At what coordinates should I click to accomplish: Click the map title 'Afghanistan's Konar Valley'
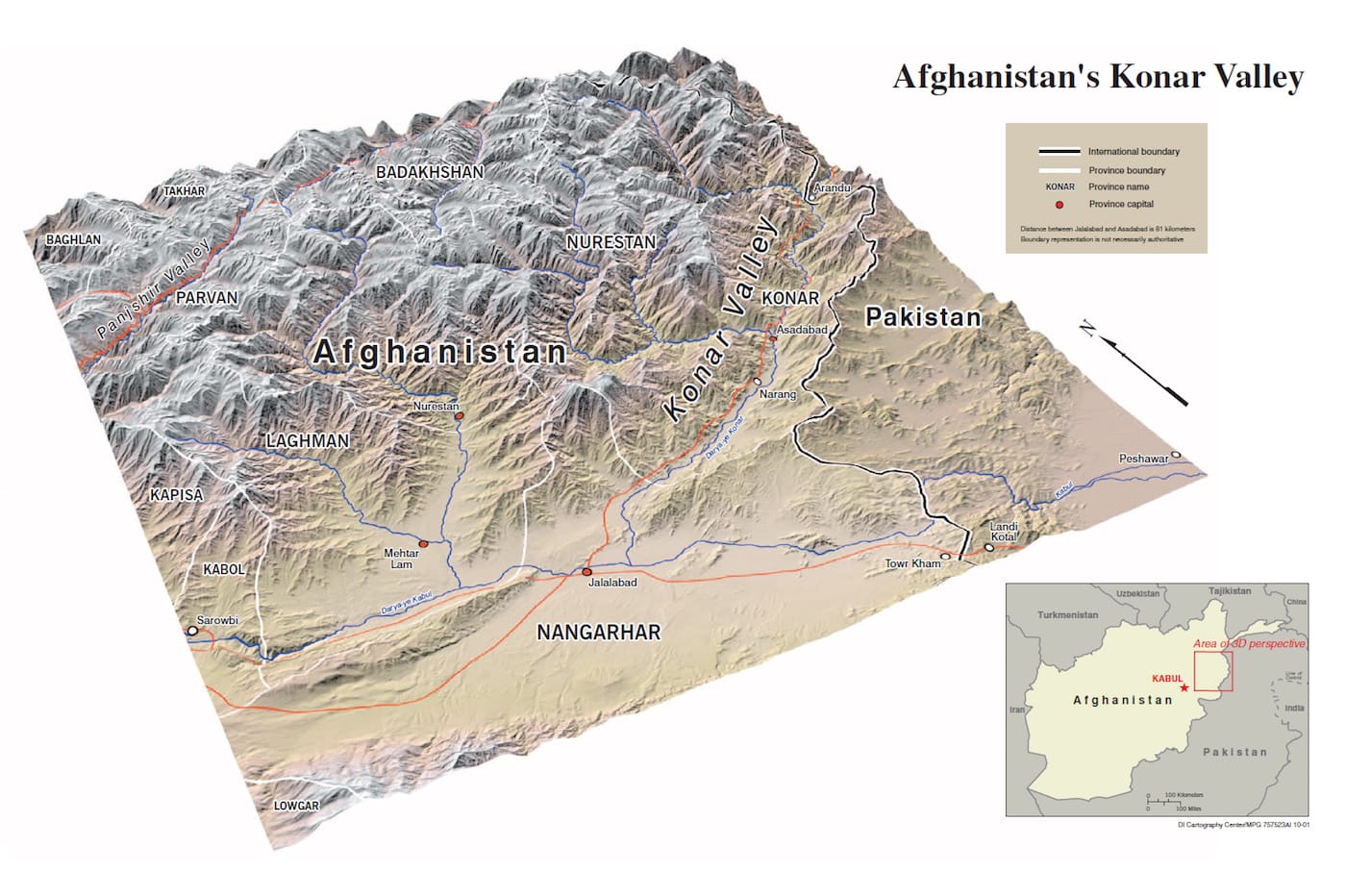pos(1097,77)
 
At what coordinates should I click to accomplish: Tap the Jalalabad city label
pos(612,583)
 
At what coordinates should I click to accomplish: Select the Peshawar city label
pos(1143,460)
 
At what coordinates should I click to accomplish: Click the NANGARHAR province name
pos(598,633)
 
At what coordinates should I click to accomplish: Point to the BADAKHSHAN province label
pos(429,172)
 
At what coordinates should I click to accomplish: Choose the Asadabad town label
pos(801,330)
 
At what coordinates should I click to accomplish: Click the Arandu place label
pos(832,188)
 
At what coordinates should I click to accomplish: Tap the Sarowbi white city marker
pos(192,632)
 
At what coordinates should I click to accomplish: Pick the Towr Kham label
pos(912,563)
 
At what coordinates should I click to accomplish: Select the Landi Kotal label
pos(1004,532)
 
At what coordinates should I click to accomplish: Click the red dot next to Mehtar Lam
pos(423,544)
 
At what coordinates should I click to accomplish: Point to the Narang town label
pos(778,395)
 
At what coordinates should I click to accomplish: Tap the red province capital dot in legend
pos(1059,205)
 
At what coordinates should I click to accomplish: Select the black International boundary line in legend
pos(1059,152)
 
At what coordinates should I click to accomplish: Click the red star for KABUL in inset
pos(1184,687)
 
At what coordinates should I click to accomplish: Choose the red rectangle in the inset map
pos(1212,671)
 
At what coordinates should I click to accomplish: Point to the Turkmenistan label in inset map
pos(1067,615)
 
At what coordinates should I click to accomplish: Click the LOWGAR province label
pos(295,806)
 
